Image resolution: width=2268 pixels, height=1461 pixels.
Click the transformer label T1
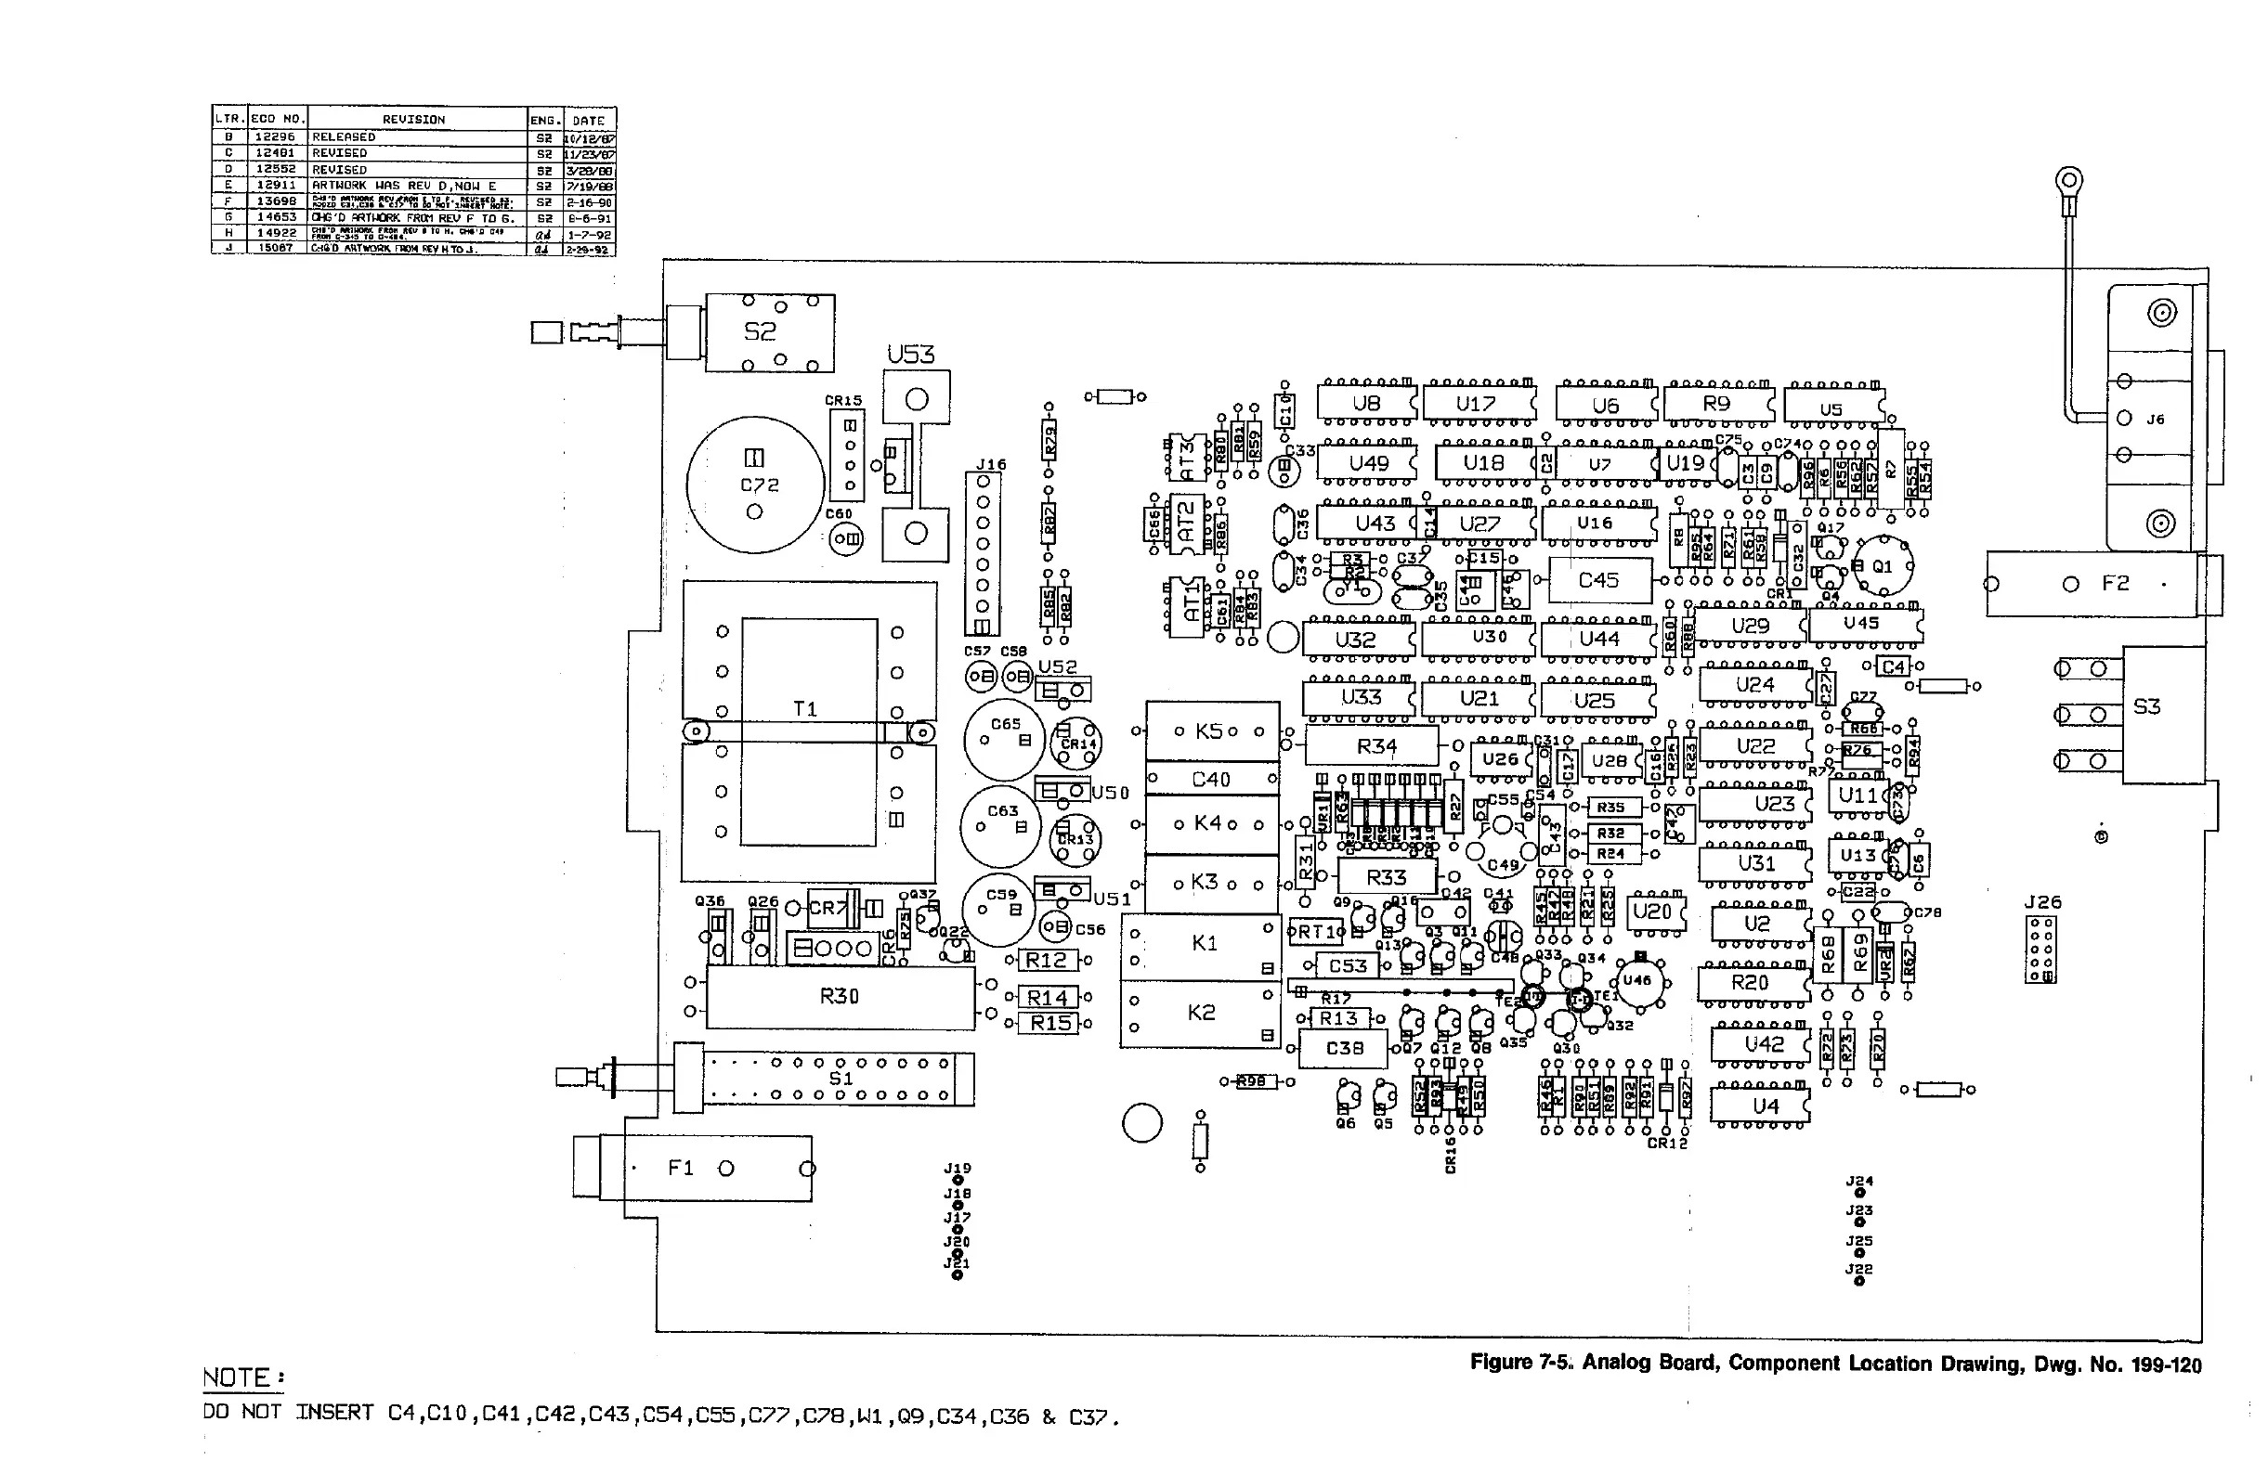pos(804,708)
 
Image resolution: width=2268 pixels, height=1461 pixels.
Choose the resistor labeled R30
pos(840,996)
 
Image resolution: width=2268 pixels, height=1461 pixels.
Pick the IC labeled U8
pos(1365,403)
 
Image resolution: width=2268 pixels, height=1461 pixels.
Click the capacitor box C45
pos(1599,579)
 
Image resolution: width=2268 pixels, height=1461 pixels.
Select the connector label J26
pos(2042,902)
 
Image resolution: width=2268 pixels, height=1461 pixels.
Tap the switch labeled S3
pos(2146,706)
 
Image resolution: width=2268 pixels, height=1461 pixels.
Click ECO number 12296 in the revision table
pos(275,136)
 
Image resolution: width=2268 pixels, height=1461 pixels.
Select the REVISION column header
pos(413,120)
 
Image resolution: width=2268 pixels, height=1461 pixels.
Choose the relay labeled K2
pos(1201,1014)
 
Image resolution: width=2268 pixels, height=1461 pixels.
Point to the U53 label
pos(911,355)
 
